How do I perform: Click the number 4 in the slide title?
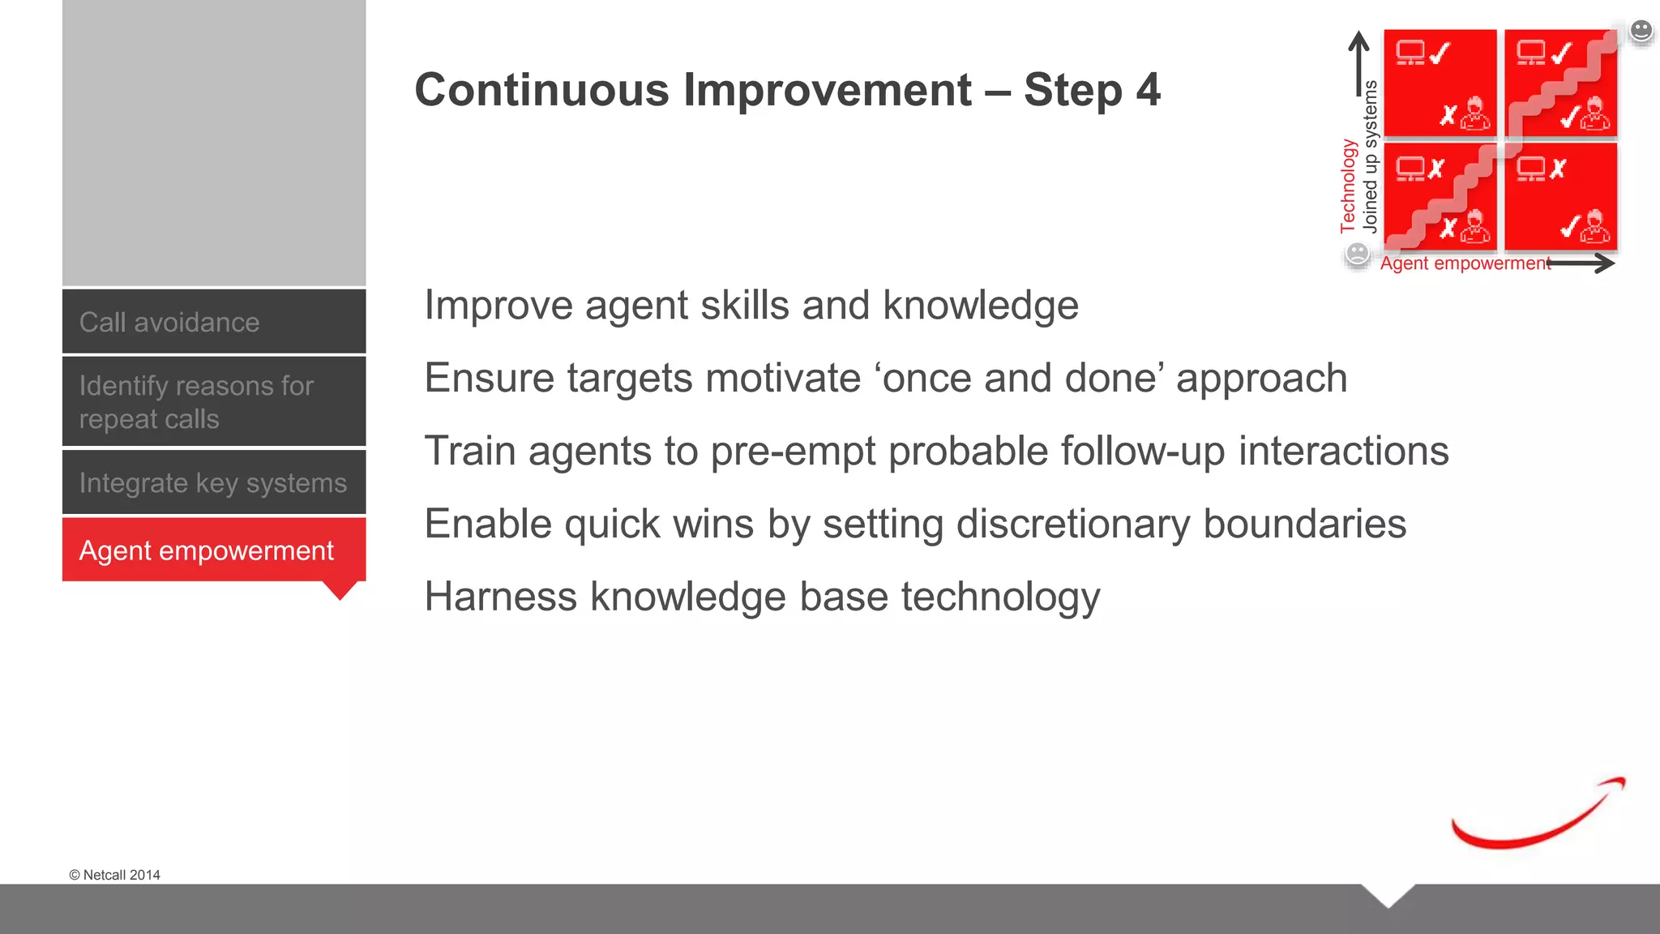tap(1148, 89)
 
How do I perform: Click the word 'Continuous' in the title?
tap(541, 89)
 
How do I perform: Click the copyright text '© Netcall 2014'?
tap(114, 875)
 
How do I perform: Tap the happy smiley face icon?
tap(1641, 31)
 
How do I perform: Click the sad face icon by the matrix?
tap(1357, 254)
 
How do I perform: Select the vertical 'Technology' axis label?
tap(1348, 186)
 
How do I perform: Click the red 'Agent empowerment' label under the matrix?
tap(1465, 263)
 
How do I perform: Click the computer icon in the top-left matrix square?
tap(1410, 53)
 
